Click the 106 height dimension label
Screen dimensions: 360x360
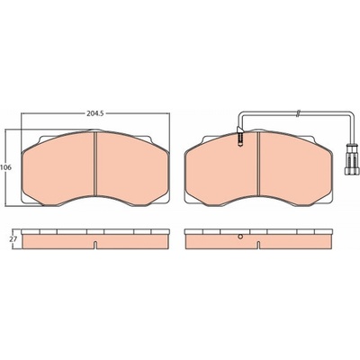(5, 167)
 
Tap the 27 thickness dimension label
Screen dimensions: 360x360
(13, 239)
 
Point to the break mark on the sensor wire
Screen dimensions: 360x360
(298, 113)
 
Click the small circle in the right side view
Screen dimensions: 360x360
(239, 237)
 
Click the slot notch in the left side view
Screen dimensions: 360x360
(94, 245)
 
